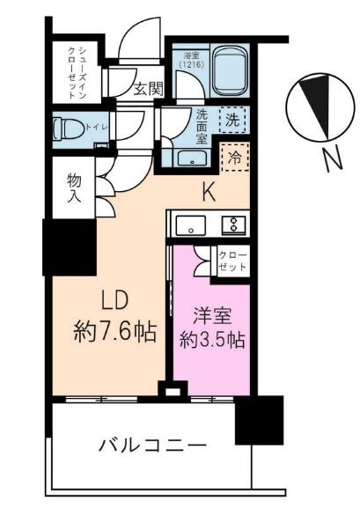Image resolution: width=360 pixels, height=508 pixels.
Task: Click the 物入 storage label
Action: tap(73, 186)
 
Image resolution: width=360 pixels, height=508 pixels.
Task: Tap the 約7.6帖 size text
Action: tap(114, 332)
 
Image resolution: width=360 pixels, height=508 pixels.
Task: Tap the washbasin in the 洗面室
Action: tap(190, 158)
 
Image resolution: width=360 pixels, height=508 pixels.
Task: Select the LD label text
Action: tap(114, 301)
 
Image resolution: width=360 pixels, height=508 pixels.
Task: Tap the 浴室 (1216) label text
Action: tap(188, 60)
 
